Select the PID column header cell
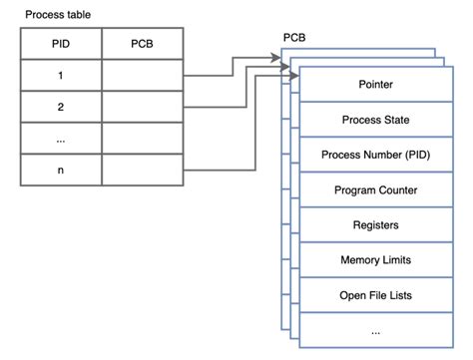point(60,44)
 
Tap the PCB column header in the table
point(142,44)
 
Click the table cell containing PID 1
point(60,75)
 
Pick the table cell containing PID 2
point(60,106)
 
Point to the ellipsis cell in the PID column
point(60,138)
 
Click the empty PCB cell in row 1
point(142,75)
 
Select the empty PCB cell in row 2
point(142,106)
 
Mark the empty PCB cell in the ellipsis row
point(142,138)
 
